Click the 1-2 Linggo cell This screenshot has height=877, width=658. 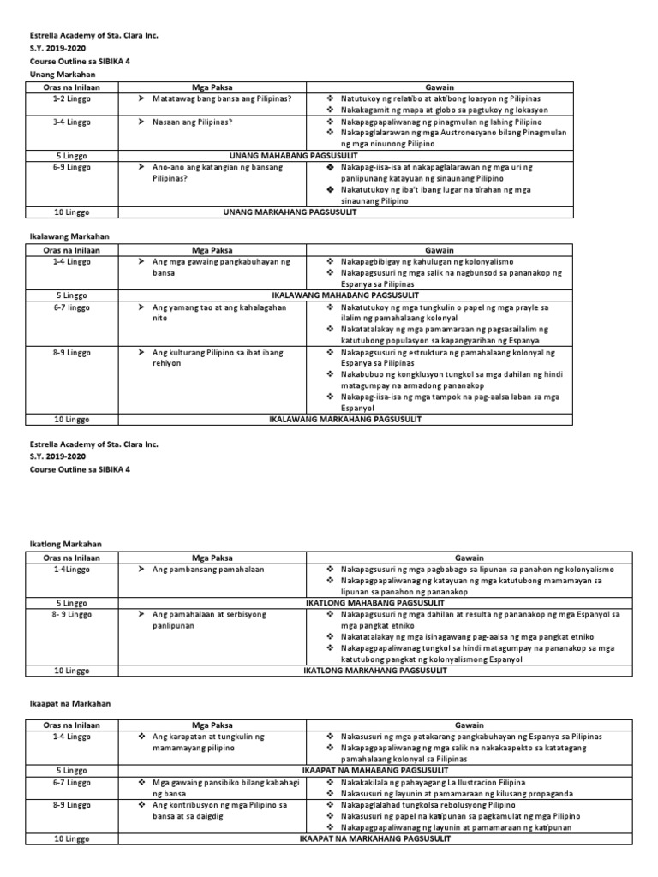point(73,99)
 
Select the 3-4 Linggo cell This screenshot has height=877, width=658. point(73,122)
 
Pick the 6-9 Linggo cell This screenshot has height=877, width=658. point(73,167)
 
